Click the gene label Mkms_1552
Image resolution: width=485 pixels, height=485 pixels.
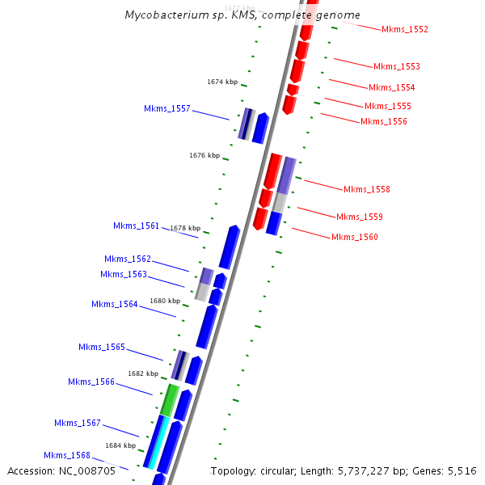[x=405, y=29]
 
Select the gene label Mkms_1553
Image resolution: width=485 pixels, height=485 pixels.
[x=396, y=66]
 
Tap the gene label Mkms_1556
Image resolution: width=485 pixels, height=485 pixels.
[x=384, y=121]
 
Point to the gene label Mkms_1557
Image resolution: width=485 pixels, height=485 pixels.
[x=167, y=108]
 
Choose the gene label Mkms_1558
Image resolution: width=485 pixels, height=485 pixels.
[x=367, y=189]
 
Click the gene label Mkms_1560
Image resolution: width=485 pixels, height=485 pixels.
[x=355, y=237]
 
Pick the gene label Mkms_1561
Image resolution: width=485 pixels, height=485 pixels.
[x=137, y=226]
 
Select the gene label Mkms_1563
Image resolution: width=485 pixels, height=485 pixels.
[x=124, y=274]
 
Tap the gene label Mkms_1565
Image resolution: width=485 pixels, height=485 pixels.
[x=102, y=347]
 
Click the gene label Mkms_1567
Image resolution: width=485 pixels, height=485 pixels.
[x=78, y=423]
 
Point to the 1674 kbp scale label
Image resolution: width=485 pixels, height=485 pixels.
[x=222, y=82]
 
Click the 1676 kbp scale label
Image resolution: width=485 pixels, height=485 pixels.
[x=205, y=155]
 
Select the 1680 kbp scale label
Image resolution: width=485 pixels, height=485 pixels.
[x=166, y=301]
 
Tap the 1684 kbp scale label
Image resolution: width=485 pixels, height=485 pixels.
[x=120, y=445]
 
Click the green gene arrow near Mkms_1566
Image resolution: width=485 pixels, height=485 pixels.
[x=169, y=399]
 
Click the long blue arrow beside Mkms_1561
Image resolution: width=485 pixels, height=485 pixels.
[x=229, y=247]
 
